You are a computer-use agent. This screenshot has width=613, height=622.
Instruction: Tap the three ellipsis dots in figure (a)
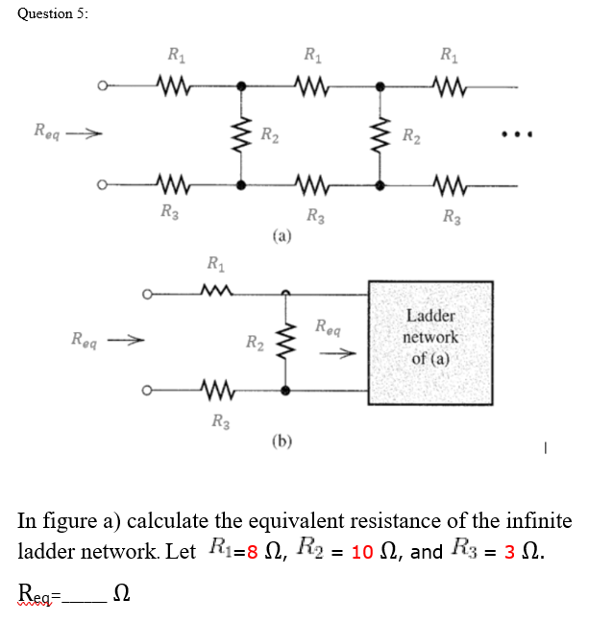click(517, 134)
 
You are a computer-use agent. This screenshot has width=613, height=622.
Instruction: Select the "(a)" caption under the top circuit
click(281, 233)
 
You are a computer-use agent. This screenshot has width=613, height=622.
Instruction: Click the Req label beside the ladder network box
click(328, 326)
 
